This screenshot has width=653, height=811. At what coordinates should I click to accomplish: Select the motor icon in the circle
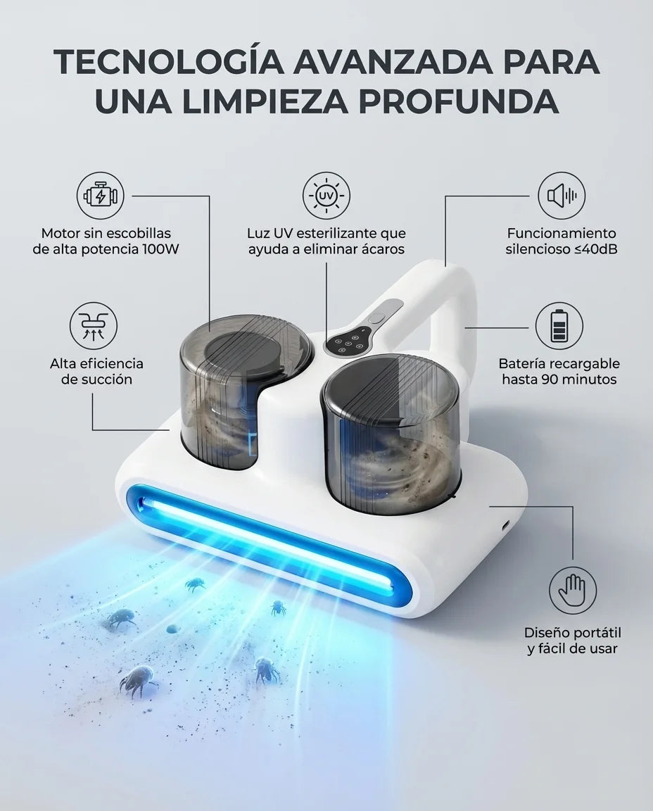point(101,196)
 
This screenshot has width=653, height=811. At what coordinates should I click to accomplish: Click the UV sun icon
point(326,196)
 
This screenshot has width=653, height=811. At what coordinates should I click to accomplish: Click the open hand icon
point(573,590)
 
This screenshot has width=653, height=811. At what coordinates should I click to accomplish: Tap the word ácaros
point(379,249)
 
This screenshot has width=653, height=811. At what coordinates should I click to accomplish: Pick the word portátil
point(595,633)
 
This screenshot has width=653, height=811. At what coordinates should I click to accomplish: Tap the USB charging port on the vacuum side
point(504,524)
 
